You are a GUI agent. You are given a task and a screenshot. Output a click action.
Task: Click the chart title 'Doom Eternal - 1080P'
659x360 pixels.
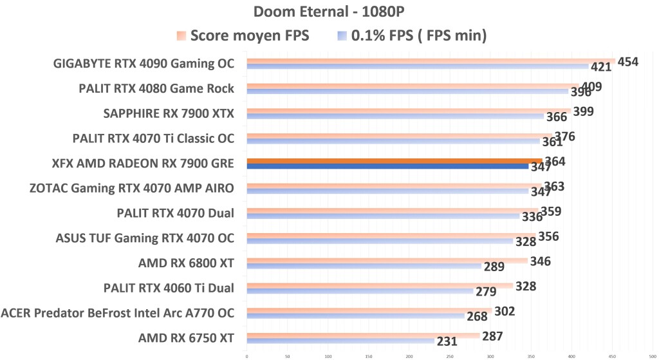[x=329, y=12]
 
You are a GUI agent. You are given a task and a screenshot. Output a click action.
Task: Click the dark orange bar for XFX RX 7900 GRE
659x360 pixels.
[x=394, y=161]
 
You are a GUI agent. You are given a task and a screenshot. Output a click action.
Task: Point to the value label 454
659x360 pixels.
[x=627, y=62]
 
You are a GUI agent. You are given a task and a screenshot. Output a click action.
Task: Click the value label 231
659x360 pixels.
[x=447, y=342]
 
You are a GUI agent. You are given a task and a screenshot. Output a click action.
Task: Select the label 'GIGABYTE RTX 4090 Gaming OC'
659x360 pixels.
[x=144, y=64]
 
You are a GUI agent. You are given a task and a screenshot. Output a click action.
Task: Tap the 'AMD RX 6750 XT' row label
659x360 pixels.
[x=186, y=338]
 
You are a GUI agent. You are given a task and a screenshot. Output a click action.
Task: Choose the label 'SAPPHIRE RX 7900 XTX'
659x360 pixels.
[x=169, y=114]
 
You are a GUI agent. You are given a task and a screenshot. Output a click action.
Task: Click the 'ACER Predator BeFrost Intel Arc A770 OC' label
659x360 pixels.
[x=118, y=314]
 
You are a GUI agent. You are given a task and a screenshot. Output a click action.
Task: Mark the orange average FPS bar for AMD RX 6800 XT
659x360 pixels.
[x=386, y=261]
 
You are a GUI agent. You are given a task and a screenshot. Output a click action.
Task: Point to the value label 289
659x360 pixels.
[x=494, y=267]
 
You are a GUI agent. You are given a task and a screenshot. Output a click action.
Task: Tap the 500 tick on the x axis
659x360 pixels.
[x=653, y=354]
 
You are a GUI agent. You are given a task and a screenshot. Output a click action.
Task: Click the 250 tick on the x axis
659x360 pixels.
[x=450, y=354]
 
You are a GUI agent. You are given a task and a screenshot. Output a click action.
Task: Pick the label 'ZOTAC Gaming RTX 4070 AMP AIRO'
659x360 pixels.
[x=132, y=189]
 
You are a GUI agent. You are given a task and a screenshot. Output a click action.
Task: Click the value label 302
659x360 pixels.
[x=505, y=311]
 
